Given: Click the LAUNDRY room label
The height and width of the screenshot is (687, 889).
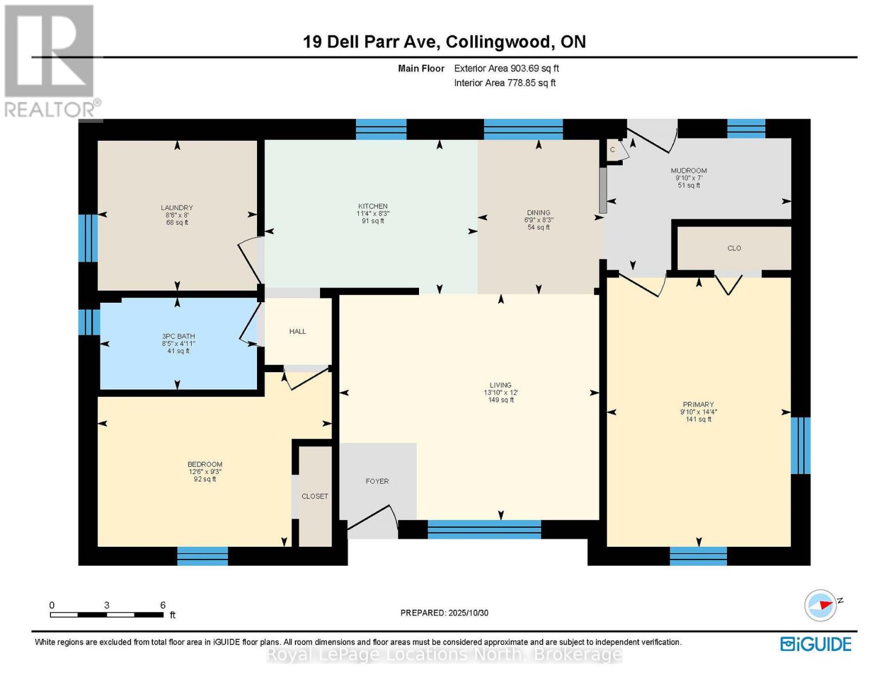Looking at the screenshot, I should tap(177, 208).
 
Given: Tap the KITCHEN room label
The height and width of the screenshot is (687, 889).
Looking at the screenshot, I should tap(373, 206).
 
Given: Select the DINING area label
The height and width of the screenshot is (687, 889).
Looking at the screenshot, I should tap(538, 212).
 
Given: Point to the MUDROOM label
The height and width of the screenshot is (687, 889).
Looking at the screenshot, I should tap(689, 171).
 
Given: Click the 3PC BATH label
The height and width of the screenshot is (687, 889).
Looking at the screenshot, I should tap(178, 336).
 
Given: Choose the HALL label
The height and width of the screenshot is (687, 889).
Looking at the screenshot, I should tap(298, 331).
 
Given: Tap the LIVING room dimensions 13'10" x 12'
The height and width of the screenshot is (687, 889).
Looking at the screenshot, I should tap(500, 393).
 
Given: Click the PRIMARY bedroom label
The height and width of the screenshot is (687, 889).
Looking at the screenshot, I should tap(698, 404).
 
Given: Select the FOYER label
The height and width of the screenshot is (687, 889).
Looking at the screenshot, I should tap(377, 481).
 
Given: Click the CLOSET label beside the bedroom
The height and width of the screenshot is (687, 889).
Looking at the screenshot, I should tap(315, 496).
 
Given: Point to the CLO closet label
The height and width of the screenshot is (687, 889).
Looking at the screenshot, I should tap(734, 248).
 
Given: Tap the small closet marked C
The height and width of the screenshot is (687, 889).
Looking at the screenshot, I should tap(613, 150).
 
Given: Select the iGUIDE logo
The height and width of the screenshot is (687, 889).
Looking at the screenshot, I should tap(816, 644).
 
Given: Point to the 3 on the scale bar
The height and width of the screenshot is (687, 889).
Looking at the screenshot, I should tap(107, 605).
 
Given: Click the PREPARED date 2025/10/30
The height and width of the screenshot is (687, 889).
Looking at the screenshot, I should tap(444, 613).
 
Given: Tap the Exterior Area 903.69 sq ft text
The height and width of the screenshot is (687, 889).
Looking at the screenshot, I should tap(506, 68).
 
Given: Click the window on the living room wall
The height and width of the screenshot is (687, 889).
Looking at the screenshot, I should tap(484, 530).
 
